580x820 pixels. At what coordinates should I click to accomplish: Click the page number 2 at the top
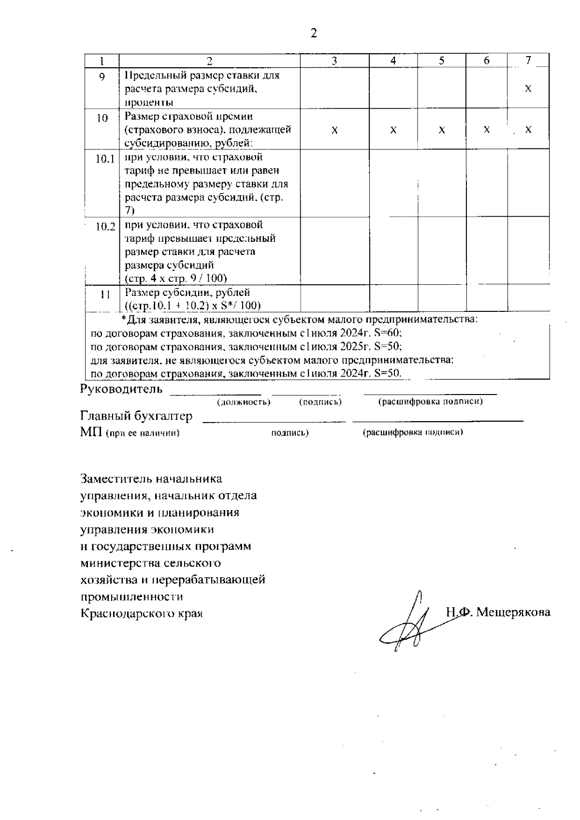pyautogui.click(x=314, y=33)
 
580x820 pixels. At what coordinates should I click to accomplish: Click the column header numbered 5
pyautogui.click(x=442, y=60)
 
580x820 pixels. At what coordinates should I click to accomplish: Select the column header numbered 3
pyautogui.click(x=334, y=60)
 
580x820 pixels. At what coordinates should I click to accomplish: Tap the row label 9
pyautogui.click(x=102, y=76)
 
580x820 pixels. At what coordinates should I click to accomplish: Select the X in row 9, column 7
pyautogui.click(x=528, y=89)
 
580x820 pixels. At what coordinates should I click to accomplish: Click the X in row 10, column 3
pyautogui.click(x=334, y=131)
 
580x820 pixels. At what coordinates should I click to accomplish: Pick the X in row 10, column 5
pyautogui.click(x=442, y=131)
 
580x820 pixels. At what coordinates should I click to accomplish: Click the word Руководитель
pyautogui.click(x=121, y=389)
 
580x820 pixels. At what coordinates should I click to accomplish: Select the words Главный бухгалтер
pyautogui.click(x=136, y=416)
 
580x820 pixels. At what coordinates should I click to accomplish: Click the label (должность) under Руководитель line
pyautogui.click(x=244, y=402)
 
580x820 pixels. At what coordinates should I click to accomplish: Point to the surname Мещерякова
pyautogui.click(x=513, y=612)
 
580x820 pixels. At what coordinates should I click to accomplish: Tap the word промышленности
pyautogui.click(x=131, y=597)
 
